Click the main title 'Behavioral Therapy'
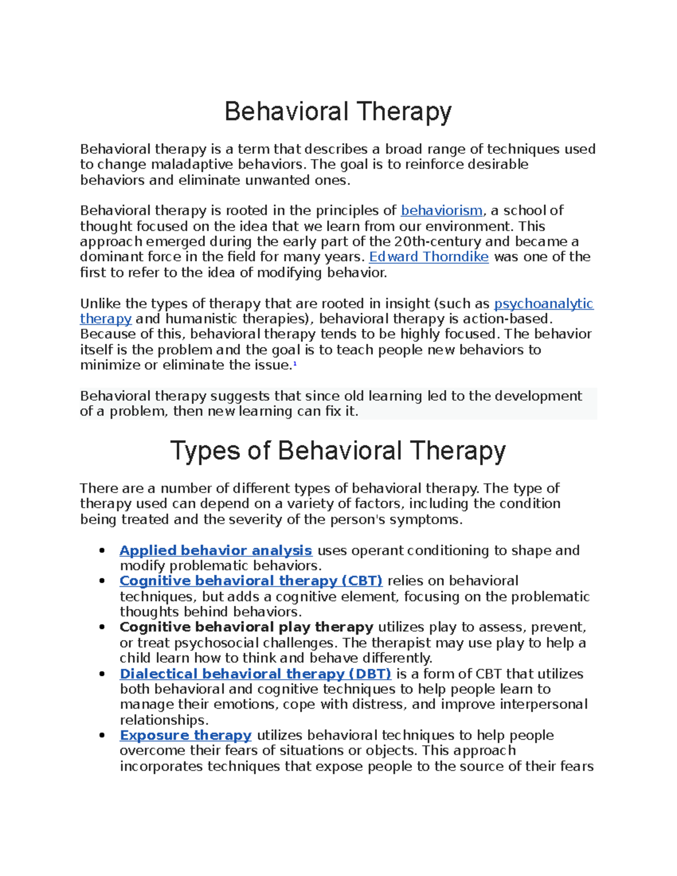[338, 112]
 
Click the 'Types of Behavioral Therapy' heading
[338, 451]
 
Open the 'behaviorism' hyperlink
[441, 211]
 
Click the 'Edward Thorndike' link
[428, 257]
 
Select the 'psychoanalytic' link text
[543, 304]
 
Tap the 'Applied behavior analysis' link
[216, 551]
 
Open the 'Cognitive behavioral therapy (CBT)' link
[251, 581]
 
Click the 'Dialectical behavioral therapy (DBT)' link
[255, 674]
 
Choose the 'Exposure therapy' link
[186, 736]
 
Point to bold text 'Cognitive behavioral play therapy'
[246, 627]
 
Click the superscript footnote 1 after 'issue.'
[294, 364]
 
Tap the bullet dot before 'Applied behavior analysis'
[102, 551]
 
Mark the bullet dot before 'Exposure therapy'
[102, 736]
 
